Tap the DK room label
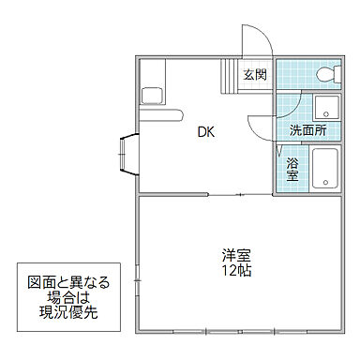coord(205,133)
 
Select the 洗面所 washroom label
coord(307,130)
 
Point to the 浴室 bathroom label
coord(292,169)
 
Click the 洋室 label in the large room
coord(235,255)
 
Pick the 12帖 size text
coord(235,272)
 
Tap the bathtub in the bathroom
coord(327,169)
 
